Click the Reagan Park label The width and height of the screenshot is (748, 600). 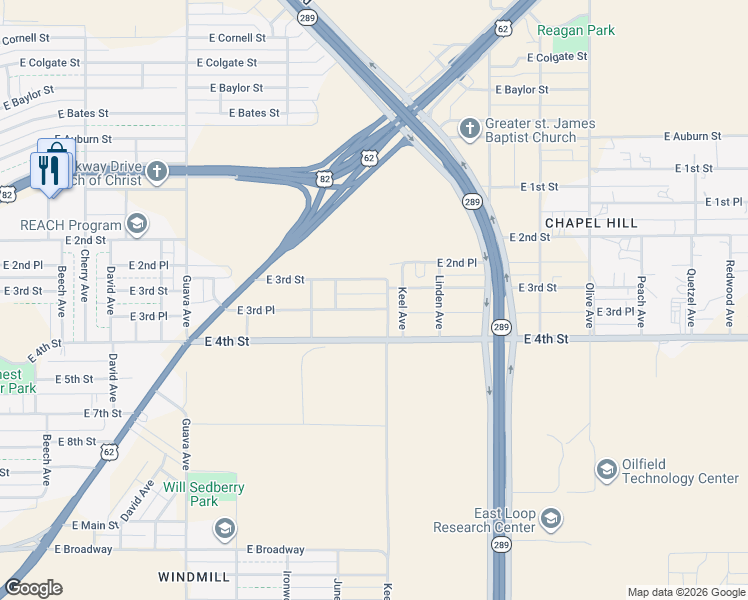click(x=576, y=30)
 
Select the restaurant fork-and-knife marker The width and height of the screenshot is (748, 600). click(x=51, y=165)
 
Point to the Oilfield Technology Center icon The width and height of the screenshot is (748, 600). click(x=606, y=470)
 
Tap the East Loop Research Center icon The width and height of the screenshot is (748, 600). click(x=550, y=519)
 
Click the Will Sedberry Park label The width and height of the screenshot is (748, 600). click(x=210, y=494)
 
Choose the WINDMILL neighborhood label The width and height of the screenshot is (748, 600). click(x=193, y=578)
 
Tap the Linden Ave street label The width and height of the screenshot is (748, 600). click(x=438, y=309)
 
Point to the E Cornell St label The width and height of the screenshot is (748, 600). click(x=238, y=38)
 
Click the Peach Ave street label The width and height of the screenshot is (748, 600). click(x=641, y=303)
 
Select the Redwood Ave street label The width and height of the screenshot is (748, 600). click(x=730, y=294)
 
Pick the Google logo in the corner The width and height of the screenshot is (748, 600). click(x=33, y=588)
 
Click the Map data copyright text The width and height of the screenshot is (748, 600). click(x=685, y=592)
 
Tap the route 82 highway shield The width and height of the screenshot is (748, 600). click(x=324, y=178)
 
